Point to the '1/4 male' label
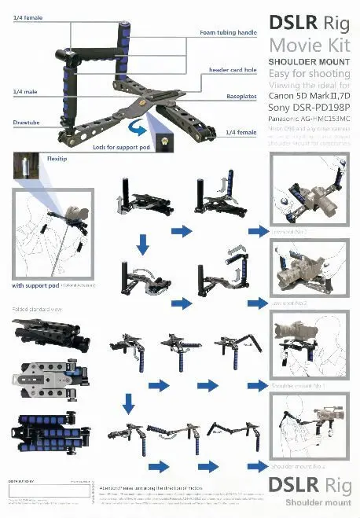pos(23,93)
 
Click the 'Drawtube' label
pos(26,123)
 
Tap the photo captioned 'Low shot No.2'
pos(308,270)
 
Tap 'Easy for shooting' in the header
pos(307,73)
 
